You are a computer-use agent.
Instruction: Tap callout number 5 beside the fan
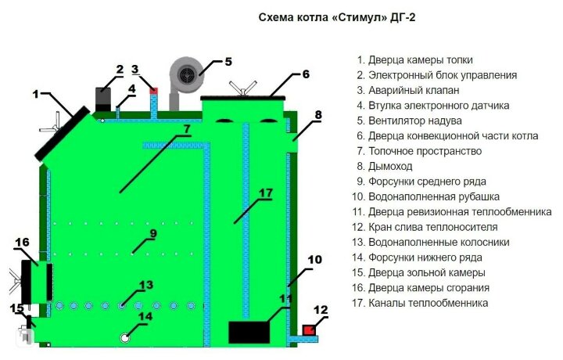[x=228, y=60]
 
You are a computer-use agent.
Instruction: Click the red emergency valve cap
[x=154, y=91]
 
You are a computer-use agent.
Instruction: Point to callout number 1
[x=36, y=94]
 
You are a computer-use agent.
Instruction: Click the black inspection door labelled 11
[x=248, y=332]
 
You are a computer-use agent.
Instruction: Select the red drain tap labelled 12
[x=310, y=329]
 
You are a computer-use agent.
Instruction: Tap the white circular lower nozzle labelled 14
[x=125, y=337]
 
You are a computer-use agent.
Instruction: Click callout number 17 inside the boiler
[x=265, y=193]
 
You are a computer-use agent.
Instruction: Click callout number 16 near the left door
[x=21, y=242]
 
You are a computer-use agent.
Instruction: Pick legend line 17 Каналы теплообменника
[x=420, y=303]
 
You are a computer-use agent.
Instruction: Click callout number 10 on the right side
[x=314, y=258]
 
